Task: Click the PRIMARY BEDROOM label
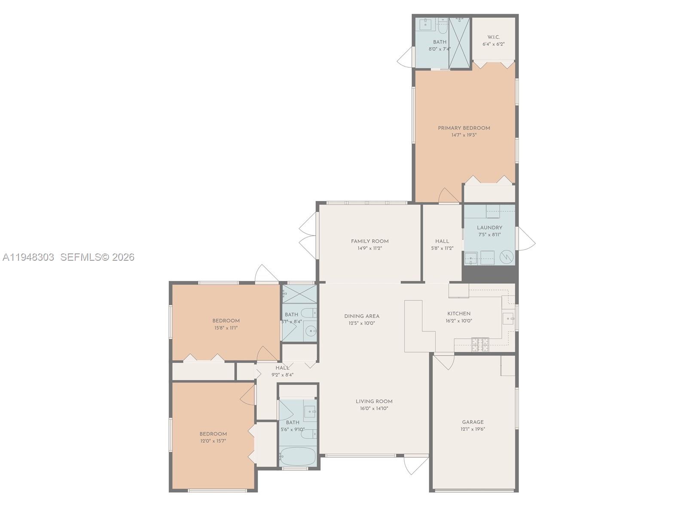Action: [464, 128]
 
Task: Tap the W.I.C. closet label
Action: [493, 37]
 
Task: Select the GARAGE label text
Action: [473, 422]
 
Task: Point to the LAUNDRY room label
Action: [489, 228]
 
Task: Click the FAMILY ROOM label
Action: [369, 241]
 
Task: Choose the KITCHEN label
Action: [459, 314]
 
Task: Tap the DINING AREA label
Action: [362, 316]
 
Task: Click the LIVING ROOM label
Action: [374, 402]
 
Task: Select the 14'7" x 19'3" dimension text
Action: [464, 135]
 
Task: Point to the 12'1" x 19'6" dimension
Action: [473, 429]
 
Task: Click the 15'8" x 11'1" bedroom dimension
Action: [226, 328]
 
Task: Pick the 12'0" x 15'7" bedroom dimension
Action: [213, 441]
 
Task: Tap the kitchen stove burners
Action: [480, 345]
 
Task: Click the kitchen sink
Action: [508, 319]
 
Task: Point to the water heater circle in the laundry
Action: [507, 258]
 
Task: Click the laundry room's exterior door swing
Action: [526, 238]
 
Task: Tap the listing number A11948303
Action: [28, 257]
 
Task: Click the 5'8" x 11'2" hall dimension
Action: [442, 248]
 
